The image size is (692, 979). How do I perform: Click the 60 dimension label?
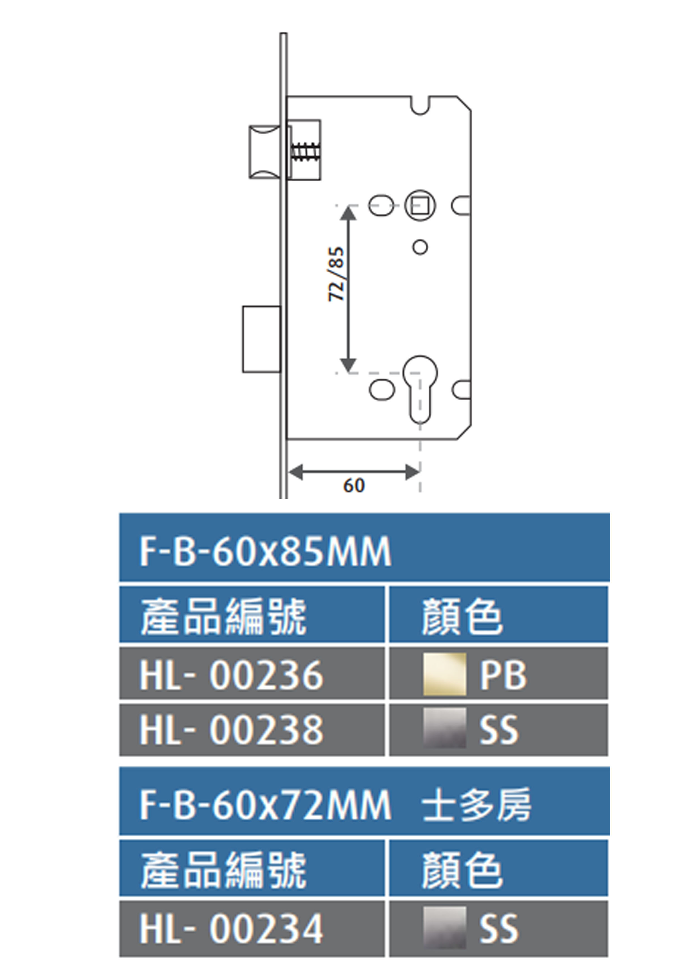pos(354,486)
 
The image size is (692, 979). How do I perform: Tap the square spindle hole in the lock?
pos(420,205)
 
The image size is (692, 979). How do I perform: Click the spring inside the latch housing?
pos(305,151)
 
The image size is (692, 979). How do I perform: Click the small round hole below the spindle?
pos(420,247)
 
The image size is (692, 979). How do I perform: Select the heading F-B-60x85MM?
pos(265,551)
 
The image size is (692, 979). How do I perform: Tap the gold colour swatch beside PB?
pos(444,674)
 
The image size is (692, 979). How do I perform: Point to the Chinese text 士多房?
pos(476,804)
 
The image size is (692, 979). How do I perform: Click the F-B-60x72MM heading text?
pos(265,804)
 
